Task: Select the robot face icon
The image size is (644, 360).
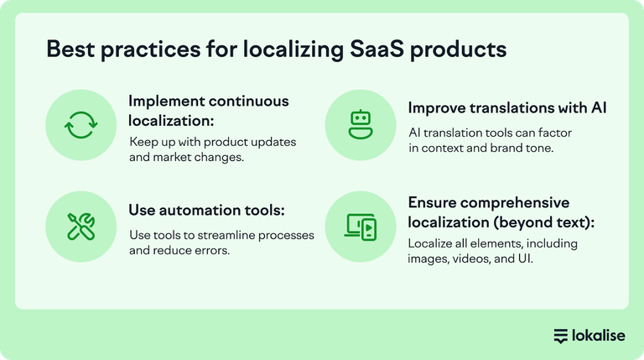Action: [359, 125]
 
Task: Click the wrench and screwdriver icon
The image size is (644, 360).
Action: [81, 224]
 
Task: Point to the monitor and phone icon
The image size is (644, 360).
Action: [359, 224]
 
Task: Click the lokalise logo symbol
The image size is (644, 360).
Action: [561, 336]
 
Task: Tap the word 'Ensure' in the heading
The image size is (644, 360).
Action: [433, 203]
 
